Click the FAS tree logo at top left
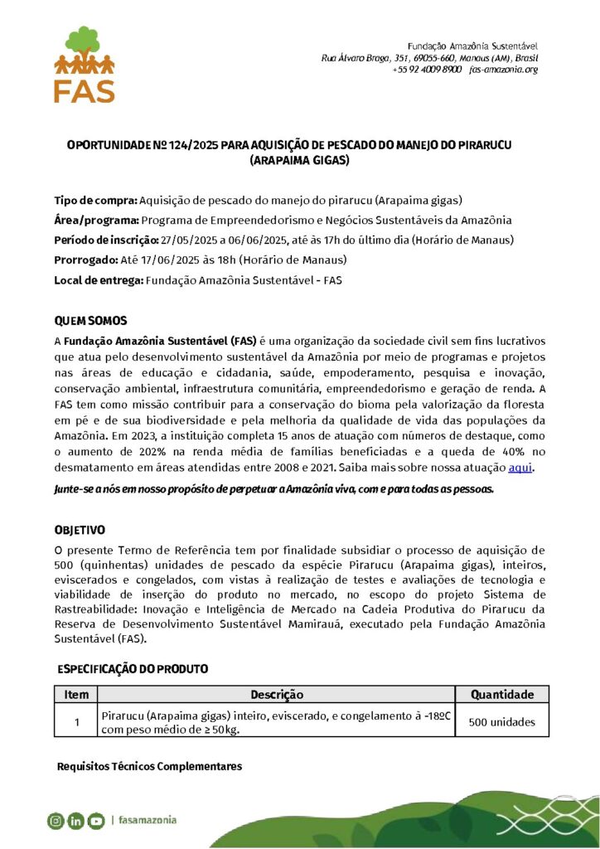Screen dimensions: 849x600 84,64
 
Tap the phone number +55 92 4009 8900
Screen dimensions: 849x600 426,70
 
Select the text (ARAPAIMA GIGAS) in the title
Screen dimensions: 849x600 299,160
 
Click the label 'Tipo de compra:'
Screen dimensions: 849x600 95,201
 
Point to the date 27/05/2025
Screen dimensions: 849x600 189,240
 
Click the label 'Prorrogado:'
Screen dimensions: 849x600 86,260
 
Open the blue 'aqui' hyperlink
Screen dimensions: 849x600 520,468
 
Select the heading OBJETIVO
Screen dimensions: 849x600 80,530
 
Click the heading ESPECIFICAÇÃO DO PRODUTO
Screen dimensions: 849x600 133,668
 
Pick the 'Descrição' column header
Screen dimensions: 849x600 277,695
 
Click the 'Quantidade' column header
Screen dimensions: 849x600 502,695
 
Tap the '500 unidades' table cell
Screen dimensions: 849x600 502,722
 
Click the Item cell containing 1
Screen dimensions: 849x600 76,722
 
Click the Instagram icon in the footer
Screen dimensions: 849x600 56,821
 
